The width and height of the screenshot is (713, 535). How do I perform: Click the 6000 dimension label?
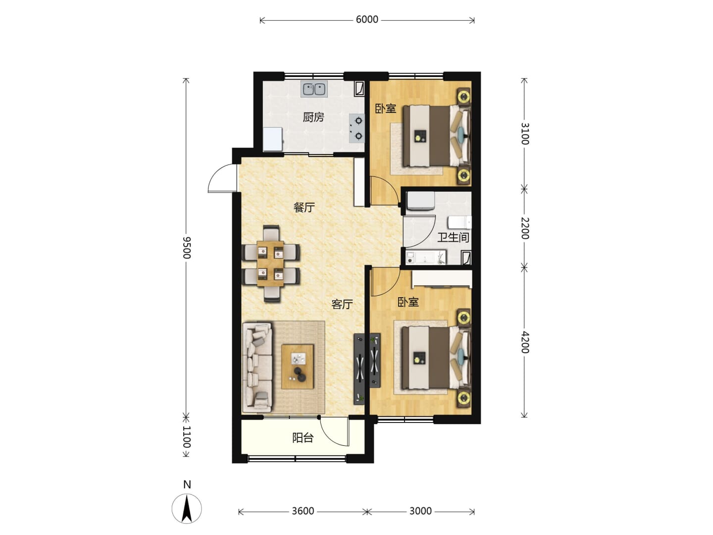[x=367, y=19]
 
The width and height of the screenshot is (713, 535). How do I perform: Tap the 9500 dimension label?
[x=187, y=248]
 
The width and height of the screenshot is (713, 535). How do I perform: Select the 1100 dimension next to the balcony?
[x=187, y=436]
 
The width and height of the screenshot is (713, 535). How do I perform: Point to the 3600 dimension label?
[x=303, y=511]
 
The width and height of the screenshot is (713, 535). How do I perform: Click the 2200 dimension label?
[x=525, y=228]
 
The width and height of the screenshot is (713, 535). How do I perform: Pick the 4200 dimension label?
[x=525, y=342]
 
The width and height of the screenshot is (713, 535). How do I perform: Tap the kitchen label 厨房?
[x=313, y=117]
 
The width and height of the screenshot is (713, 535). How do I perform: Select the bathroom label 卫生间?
[x=453, y=237]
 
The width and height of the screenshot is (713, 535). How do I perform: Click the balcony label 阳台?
[x=303, y=438]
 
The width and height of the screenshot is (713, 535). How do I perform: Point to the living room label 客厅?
[x=342, y=304]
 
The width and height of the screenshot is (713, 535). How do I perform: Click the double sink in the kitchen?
[x=314, y=89]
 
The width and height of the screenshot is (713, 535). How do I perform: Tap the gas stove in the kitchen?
[x=357, y=128]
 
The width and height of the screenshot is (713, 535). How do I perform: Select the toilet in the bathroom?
[x=459, y=222]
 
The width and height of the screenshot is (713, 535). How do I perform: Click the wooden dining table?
[x=270, y=264]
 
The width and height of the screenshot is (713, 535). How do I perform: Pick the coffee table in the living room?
[x=298, y=367]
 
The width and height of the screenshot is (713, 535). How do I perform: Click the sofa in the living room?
[x=257, y=368]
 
